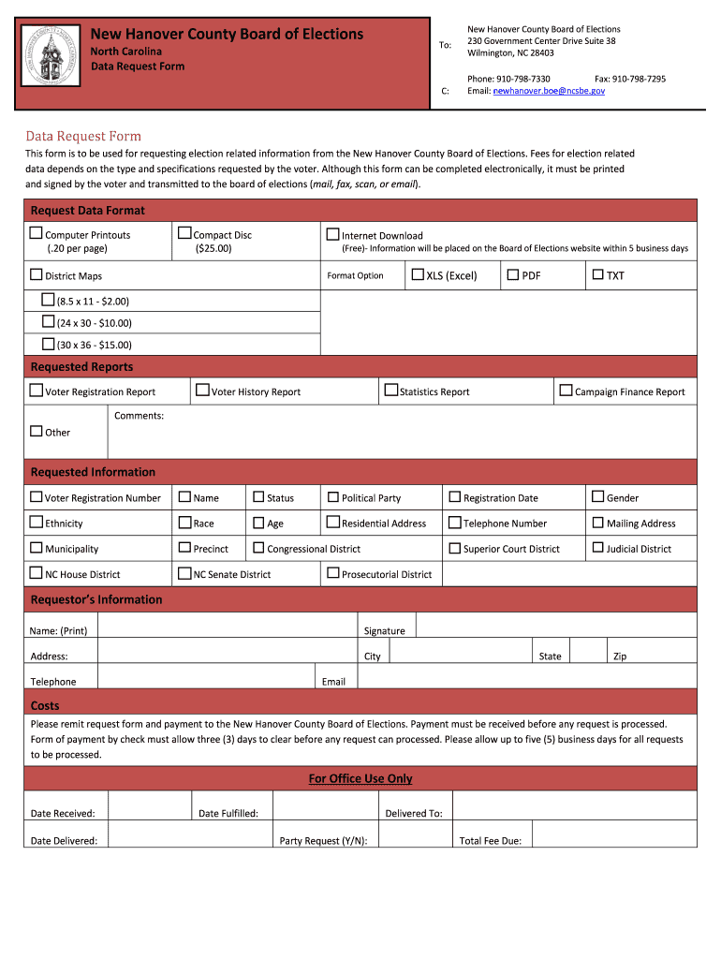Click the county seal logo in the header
coord(51,57)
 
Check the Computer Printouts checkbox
coord(36,233)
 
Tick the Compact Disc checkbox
coord(184,233)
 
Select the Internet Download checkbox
coord(332,234)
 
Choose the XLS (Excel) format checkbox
coord(419,274)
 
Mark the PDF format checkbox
coord(513,274)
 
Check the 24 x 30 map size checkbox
coord(49,321)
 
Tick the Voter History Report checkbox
coord(202,391)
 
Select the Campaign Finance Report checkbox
coord(566,391)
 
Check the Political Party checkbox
coord(332,497)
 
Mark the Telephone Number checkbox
coord(455,523)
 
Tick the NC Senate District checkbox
coord(184,573)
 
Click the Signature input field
coord(555,626)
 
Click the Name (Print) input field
coord(226,626)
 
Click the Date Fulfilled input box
coord(324,806)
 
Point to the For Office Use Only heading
coord(360,779)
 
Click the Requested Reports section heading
coord(82,367)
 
